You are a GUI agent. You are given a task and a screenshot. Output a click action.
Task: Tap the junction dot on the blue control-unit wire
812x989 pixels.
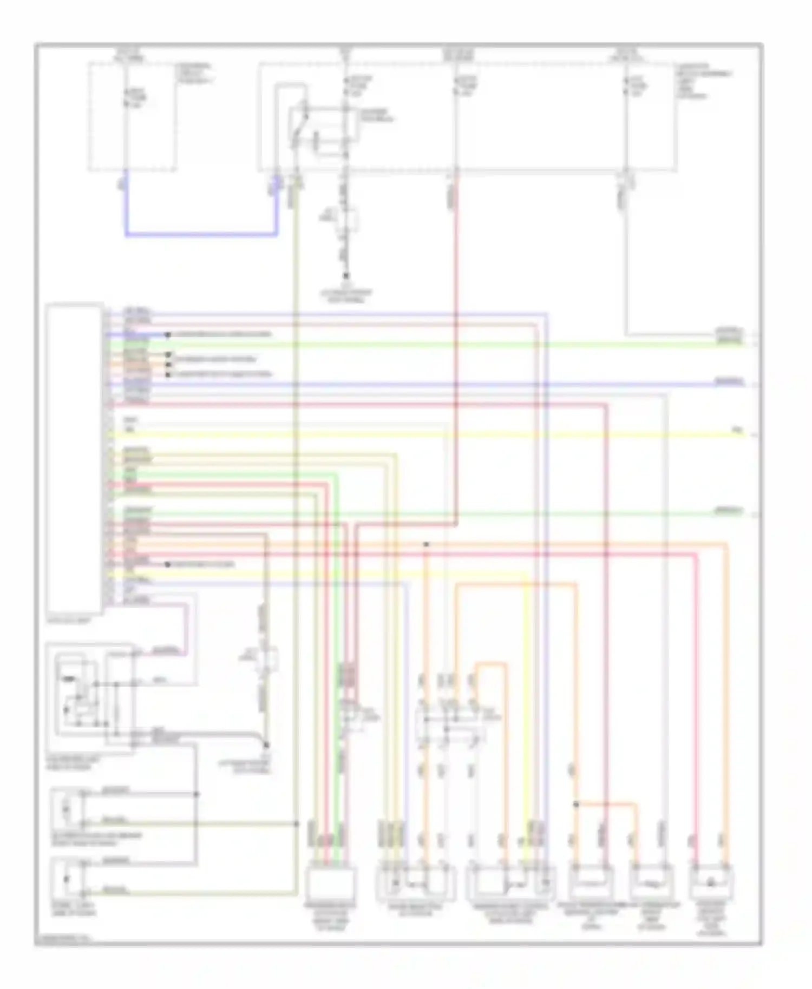click(168, 335)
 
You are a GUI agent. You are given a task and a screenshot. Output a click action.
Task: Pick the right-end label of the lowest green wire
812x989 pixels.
click(729, 510)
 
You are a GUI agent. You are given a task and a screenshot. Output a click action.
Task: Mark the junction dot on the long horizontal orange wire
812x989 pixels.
click(427, 544)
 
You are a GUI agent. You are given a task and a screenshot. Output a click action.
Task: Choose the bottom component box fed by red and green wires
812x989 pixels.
click(330, 883)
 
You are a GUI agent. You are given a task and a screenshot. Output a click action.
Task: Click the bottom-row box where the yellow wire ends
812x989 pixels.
click(512, 883)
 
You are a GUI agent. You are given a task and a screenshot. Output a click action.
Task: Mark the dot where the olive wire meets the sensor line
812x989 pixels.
click(297, 823)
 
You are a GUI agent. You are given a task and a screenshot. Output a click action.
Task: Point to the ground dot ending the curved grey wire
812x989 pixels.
click(266, 745)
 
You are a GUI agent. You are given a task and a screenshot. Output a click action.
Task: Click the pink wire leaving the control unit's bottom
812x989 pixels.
click(187, 628)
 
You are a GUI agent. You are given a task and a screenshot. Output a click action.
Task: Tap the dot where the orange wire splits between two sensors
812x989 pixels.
click(576, 805)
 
